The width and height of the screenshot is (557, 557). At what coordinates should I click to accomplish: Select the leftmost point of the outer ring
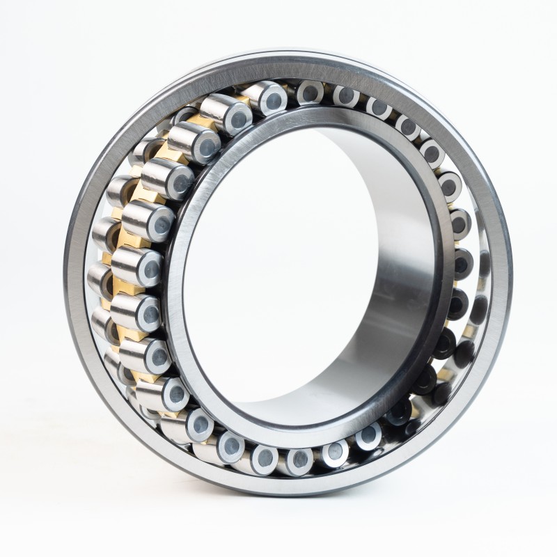[x=70, y=278]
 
